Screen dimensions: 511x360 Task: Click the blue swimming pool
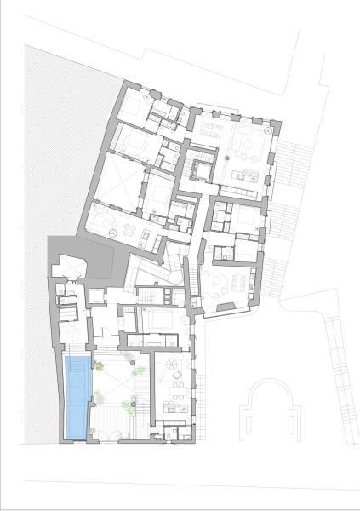pyautogui.click(x=77, y=397)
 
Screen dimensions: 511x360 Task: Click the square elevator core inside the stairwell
pyautogui.click(x=203, y=168)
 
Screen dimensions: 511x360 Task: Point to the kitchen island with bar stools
pyautogui.click(x=250, y=175)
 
